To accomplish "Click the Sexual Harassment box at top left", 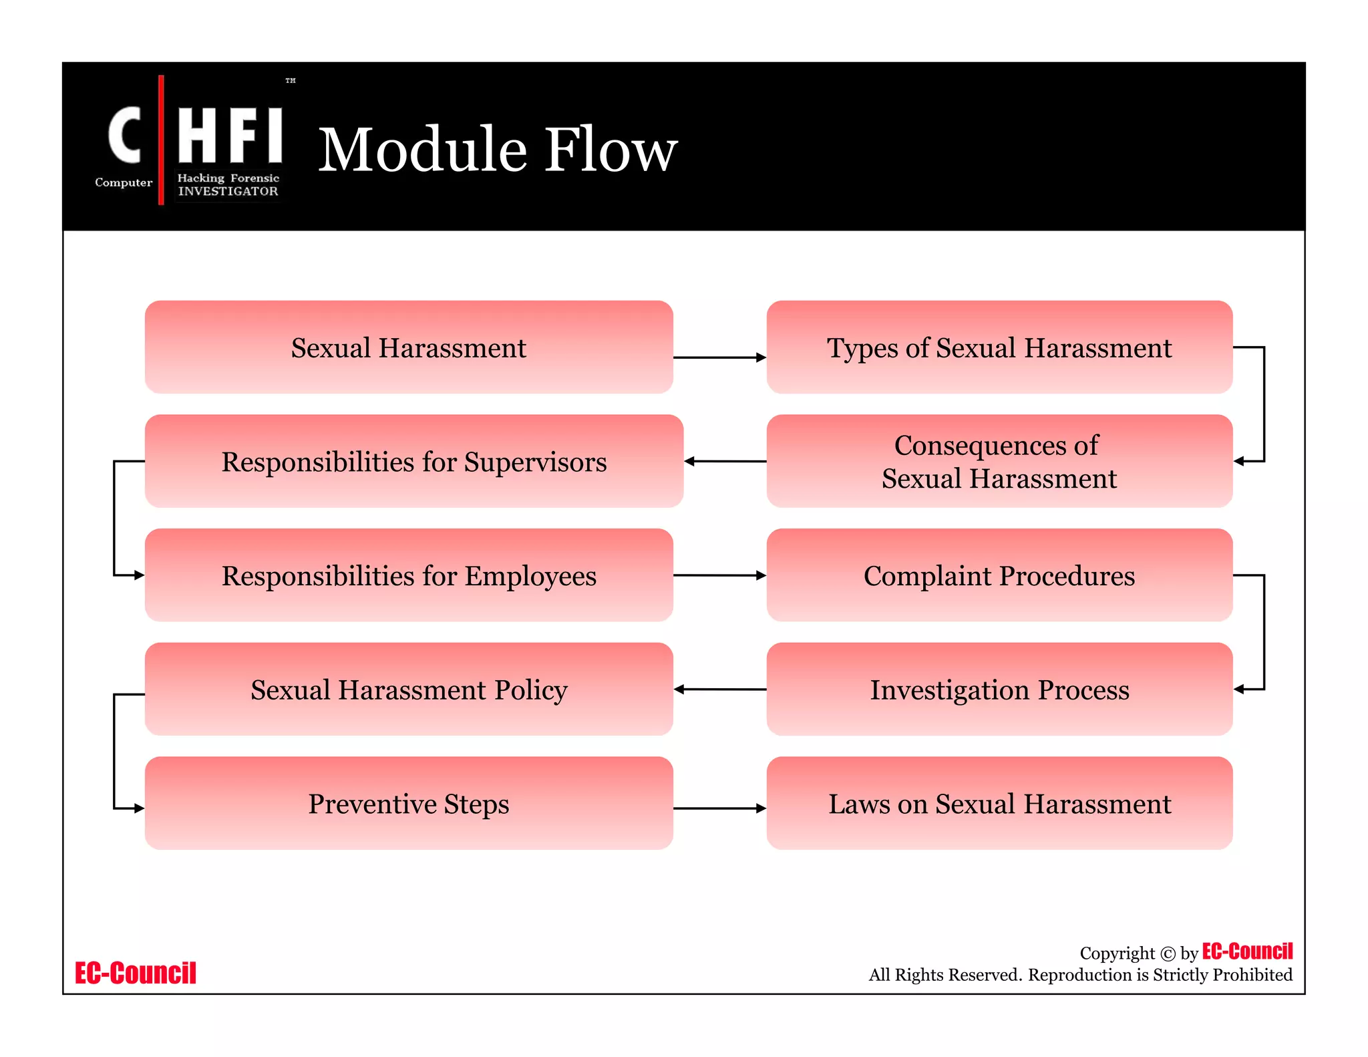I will [x=408, y=347].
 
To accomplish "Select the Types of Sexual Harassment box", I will [x=999, y=347].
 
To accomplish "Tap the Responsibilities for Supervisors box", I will [x=413, y=462].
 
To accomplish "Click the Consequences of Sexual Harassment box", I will [x=999, y=462].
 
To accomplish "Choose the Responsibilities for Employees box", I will [x=408, y=575].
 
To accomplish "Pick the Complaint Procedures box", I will [x=999, y=575].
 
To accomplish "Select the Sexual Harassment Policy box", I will [x=408, y=690].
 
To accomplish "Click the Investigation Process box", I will [x=999, y=690].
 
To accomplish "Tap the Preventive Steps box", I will [x=408, y=804].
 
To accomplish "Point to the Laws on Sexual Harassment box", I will [x=999, y=804].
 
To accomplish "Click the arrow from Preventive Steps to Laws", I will [x=719, y=808].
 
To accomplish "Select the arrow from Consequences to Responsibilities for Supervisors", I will [x=725, y=461].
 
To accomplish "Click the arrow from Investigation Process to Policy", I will [x=719, y=689].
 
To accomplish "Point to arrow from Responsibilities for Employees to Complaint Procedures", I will [x=719, y=575].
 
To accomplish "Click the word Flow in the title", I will [x=611, y=150].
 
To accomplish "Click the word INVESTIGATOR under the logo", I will [x=228, y=192].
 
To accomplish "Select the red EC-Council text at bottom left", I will [x=135, y=973].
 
